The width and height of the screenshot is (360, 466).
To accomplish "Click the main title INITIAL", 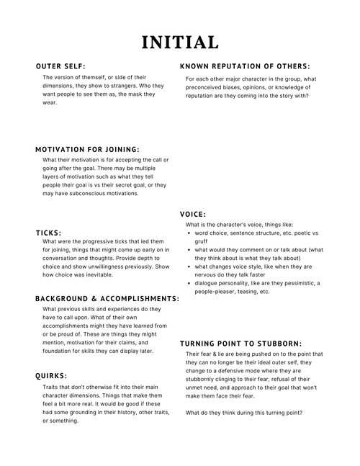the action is (x=179, y=41).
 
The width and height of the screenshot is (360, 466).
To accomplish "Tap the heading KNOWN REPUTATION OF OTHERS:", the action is (x=245, y=66).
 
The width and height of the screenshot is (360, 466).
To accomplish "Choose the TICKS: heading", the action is (x=48, y=233).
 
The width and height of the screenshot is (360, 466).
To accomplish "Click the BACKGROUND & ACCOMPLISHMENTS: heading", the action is (x=107, y=298).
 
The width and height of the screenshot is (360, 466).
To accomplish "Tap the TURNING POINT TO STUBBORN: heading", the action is (x=240, y=344).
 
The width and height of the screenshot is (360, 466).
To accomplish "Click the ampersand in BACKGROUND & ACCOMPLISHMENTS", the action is (x=95, y=298).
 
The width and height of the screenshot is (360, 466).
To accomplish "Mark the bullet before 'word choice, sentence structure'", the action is (x=189, y=233).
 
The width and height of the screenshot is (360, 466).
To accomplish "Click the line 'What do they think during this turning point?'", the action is (x=243, y=413).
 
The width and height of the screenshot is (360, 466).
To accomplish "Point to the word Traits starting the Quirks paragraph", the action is (x=51, y=387).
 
